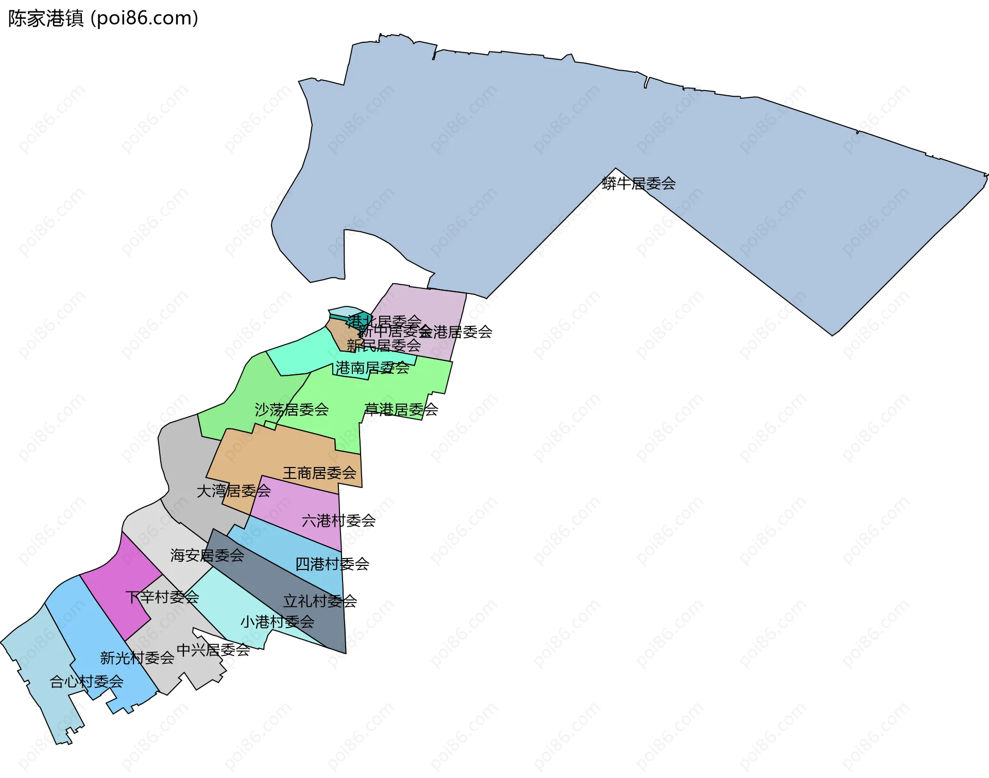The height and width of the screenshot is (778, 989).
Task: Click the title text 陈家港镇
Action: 45,19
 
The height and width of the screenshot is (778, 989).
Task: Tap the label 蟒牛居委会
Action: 639,183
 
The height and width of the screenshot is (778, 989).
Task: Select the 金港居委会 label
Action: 456,332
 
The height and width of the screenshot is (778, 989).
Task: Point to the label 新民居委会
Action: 384,345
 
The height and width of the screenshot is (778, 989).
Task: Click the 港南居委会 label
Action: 372,368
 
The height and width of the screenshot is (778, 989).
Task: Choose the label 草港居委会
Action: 401,409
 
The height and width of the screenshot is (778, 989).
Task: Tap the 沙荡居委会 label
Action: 292,410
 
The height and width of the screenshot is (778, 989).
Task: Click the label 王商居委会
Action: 319,473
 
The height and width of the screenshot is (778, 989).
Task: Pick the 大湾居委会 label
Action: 234,491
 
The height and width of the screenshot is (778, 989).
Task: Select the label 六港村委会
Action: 338,521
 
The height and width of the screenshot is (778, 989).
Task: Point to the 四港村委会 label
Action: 332,564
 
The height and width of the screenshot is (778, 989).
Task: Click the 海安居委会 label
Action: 207,555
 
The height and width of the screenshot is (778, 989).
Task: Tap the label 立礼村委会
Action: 320,601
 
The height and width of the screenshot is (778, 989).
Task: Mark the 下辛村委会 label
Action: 162,597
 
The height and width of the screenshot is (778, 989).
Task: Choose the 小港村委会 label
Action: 277,621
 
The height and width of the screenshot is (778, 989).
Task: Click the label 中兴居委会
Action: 213,650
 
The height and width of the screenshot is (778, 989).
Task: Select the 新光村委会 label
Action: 137,658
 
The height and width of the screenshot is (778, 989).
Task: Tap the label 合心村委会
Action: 87,682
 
